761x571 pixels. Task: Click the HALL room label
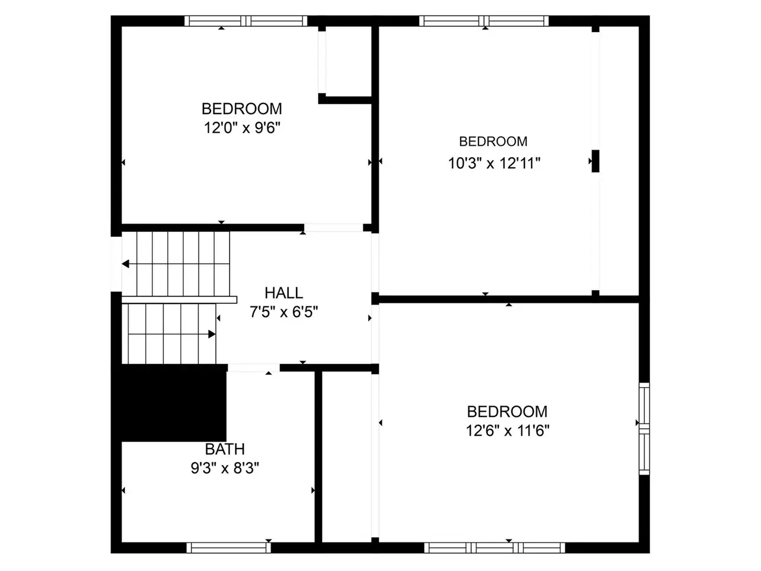[284, 293]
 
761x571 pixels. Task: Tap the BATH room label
[225, 449]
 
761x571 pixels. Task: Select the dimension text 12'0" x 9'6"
[241, 128]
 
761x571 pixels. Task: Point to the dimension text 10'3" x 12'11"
[494, 164]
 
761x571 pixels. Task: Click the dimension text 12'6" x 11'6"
[507, 431]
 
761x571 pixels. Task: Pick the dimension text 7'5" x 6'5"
[284, 312]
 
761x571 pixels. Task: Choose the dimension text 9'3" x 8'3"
[225, 469]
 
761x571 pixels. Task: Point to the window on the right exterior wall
[644, 429]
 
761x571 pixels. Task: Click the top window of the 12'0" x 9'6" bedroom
[246, 21]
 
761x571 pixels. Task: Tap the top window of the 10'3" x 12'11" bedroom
[484, 21]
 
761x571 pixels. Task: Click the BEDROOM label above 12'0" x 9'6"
[241, 109]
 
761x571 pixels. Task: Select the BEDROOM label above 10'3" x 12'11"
[493, 142]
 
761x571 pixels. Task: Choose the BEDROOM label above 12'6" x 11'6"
[507, 412]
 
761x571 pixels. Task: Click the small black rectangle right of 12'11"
[595, 161]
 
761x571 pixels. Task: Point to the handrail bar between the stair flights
[179, 300]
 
